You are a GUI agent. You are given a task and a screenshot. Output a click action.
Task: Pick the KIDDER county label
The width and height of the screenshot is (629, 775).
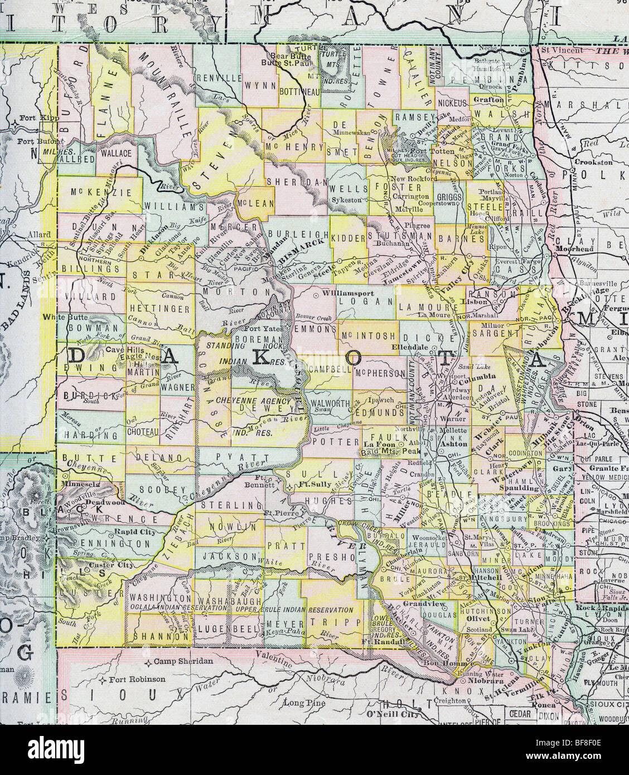pyautogui.click(x=349, y=238)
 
